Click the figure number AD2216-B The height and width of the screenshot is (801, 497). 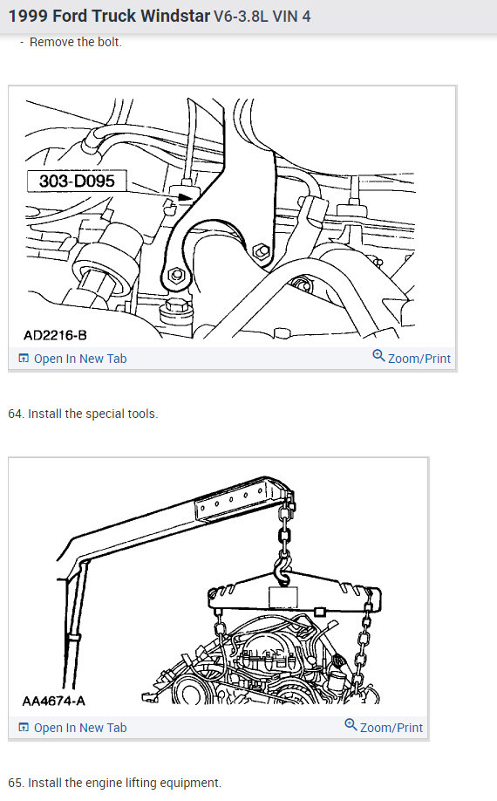[x=55, y=335]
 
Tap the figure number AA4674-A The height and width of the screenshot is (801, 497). [x=54, y=701]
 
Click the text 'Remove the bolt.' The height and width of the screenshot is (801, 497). [x=76, y=42]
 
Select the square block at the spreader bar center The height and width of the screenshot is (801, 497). [x=284, y=598]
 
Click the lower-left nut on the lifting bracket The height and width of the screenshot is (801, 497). [x=177, y=276]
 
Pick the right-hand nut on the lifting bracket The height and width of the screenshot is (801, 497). [x=258, y=252]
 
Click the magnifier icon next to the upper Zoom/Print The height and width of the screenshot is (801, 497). [x=378, y=356]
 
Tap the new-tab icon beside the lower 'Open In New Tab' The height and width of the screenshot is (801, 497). [x=24, y=728]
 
